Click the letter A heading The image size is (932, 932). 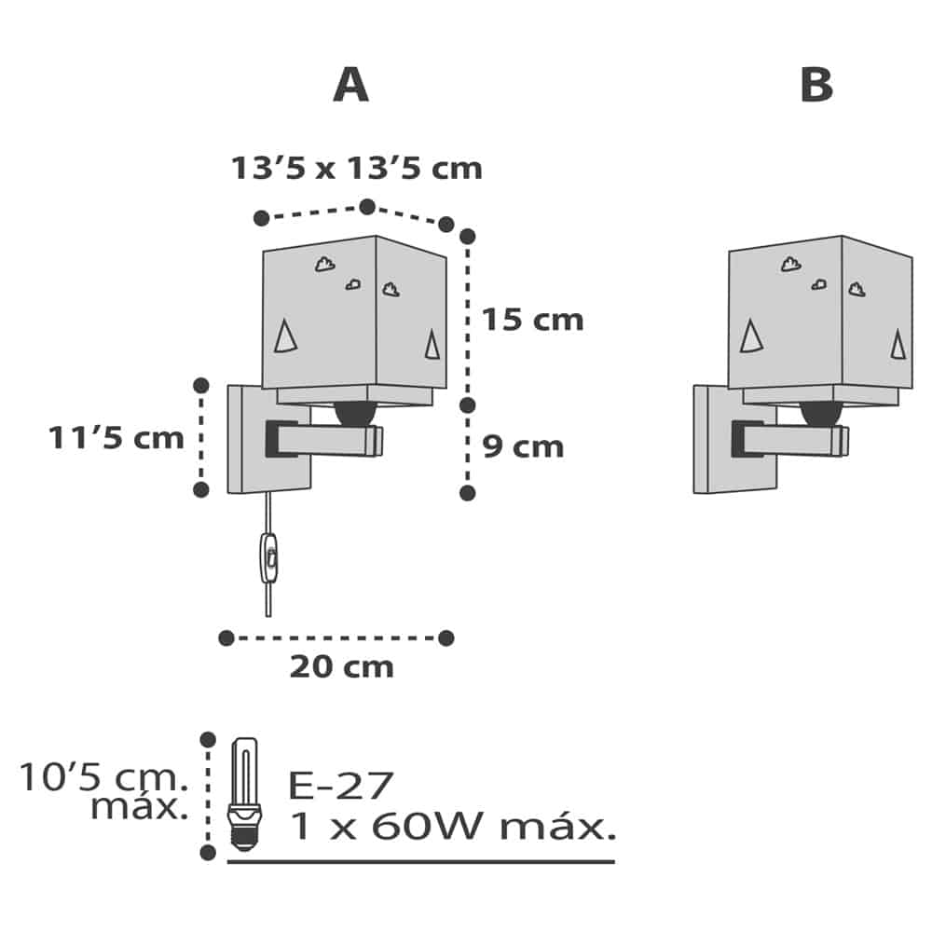[350, 86]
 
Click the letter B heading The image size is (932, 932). [815, 86]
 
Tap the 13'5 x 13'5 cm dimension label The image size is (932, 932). [357, 169]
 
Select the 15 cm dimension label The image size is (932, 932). [532, 320]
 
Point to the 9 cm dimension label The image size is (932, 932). [523, 446]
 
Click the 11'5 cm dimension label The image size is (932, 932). [116, 437]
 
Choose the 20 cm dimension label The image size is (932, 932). [341, 667]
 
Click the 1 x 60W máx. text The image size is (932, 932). [452, 827]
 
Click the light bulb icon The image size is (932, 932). [243, 792]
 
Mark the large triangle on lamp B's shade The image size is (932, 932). [751, 336]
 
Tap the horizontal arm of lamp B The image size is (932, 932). [802, 438]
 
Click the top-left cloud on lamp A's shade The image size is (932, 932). [324, 265]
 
